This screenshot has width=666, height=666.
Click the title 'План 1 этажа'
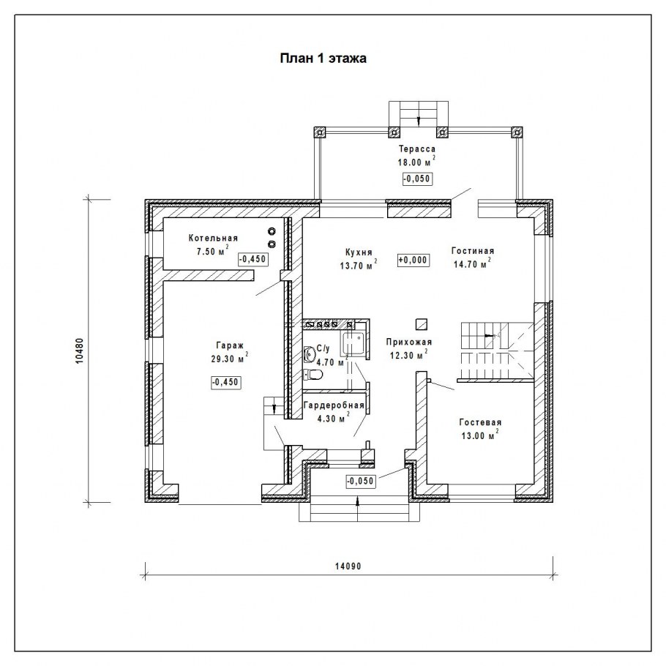click(x=323, y=59)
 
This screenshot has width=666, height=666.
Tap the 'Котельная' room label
click(x=213, y=239)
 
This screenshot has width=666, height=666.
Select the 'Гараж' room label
click(x=229, y=345)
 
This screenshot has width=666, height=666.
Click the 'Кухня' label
click(x=359, y=252)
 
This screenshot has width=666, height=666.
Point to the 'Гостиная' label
click(x=473, y=251)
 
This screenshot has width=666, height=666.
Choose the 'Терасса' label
click(x=417, y=149)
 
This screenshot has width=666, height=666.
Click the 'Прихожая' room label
click(x=409, y=342)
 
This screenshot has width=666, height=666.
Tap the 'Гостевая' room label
click(x=480, y=422)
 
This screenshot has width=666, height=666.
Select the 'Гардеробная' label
click(x=334, y=405)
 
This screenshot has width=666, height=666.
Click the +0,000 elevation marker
click(x=413, y=260)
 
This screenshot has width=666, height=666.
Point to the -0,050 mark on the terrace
click(x=417, y=179)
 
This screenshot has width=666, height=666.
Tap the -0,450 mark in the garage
click(x=225, y=382)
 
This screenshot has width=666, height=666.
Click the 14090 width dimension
click(x=348, y=566)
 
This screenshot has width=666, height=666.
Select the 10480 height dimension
click(x=80, y=351)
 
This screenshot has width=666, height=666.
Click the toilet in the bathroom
click(x=313, y=375)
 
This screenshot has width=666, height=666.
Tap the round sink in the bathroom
click(x=310, y=353)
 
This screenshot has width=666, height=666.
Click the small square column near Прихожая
click(x=422, y=324)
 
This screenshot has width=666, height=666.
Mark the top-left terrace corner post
click(x=319, y=132)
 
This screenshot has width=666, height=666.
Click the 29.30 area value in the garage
click(x=223, y=359)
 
